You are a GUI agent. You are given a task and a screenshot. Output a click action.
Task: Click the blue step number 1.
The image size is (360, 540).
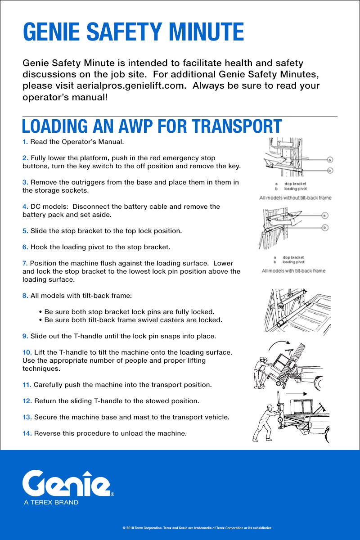tap(25, 142)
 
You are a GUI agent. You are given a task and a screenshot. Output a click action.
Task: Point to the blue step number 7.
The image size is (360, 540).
tap(25, 263)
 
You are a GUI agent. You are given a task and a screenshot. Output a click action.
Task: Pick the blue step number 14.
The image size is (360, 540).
tap(27, 433)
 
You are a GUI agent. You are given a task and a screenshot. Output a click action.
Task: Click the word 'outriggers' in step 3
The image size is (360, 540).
tap(76, 182)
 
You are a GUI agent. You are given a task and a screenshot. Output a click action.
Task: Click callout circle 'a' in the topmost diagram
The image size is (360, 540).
tap(330, 160)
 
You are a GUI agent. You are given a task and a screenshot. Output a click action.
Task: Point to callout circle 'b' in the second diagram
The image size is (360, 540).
tap(324, 228)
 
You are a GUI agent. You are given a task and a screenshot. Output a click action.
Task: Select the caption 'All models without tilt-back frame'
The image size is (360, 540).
tap(295, 198)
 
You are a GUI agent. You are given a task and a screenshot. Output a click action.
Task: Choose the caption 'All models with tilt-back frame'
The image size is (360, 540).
tap(293, 271)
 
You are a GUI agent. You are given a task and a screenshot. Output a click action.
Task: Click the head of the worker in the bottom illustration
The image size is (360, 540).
tap(270, 407)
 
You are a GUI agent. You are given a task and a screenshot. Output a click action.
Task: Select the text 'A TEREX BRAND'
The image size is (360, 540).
tap(51, 502)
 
